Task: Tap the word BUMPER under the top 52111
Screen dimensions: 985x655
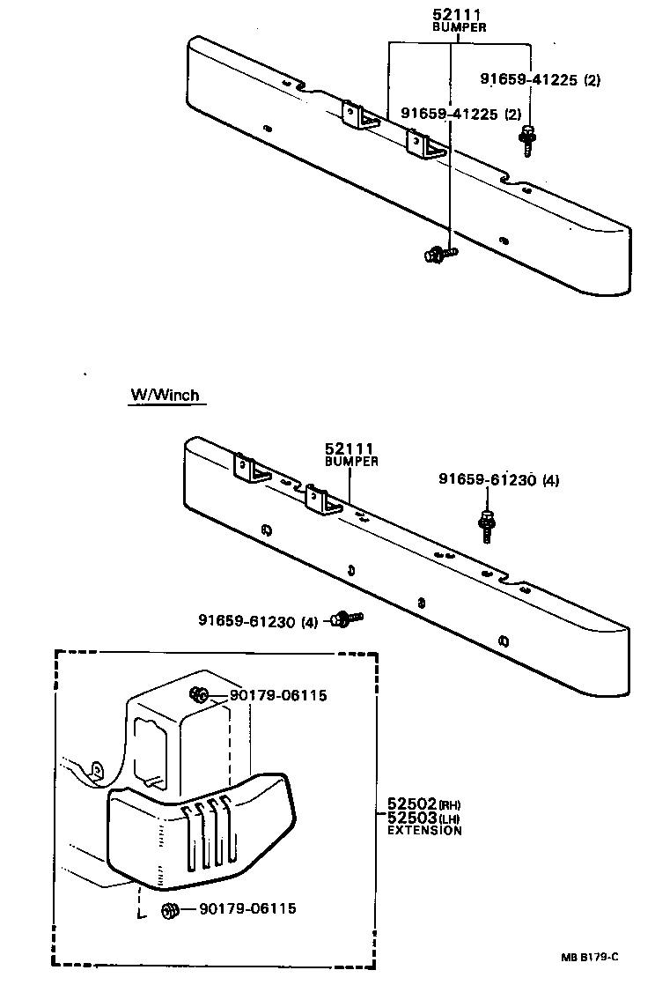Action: point(459,27)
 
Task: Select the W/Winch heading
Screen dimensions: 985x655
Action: point(166,396)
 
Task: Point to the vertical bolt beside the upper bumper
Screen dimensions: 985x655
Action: point(527,140)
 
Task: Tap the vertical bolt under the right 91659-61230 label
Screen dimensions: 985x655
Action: point(487,525)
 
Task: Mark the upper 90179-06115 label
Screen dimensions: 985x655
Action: point(278,695)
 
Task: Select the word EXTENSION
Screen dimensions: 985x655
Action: point(424,830)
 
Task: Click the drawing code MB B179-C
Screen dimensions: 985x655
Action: point(591,957)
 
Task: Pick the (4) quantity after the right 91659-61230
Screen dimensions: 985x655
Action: point(550,480)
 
